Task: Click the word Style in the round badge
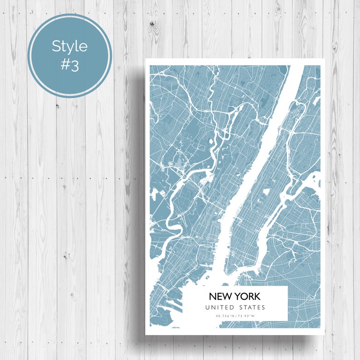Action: (69, 46)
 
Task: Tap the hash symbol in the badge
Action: (64, 65)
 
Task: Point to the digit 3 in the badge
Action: (74, 65)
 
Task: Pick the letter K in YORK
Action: (257, 297)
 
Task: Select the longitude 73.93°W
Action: (245, 316)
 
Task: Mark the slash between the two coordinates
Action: (236, 316)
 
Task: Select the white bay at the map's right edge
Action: (313, 181)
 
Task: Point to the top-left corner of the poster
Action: (145, 59)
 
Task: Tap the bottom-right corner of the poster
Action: (325, 335)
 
